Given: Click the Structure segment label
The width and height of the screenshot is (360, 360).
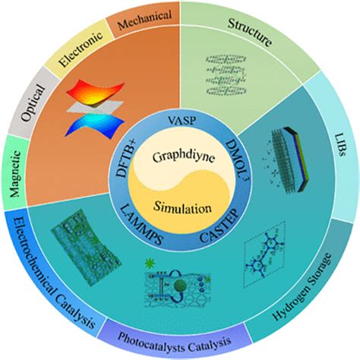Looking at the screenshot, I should click(x=251, y=35).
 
